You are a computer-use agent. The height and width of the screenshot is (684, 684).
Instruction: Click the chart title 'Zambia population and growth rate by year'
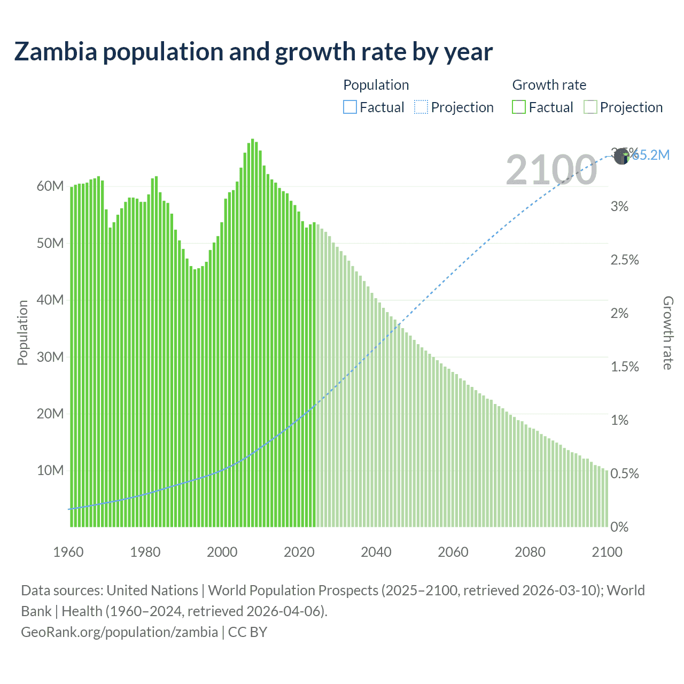(253, 52)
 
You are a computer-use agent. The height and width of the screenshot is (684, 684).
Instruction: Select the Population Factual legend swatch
(349, 107)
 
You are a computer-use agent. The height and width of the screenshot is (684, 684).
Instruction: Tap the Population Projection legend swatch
(421, 107)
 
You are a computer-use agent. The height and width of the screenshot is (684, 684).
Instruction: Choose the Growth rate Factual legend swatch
(518, 107)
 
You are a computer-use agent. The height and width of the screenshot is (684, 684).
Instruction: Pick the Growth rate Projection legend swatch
(590, 107)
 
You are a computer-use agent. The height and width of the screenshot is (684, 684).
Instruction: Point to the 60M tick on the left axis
(50, 186)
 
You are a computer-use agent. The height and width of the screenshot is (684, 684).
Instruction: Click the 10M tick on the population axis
(50, 471)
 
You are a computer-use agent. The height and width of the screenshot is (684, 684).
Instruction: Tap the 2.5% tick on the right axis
(625, 260)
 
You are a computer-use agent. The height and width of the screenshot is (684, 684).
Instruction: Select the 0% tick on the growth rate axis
(619, 527)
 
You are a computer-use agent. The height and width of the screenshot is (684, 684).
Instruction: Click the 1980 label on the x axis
(145, 552)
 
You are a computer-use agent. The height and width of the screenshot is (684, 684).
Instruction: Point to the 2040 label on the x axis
(376, 552)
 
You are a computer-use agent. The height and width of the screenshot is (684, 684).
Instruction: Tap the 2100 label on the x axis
(607, 552)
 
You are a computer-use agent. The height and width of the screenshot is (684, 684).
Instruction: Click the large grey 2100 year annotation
(551, 170)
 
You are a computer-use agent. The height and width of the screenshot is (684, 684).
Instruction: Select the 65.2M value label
(651, 155)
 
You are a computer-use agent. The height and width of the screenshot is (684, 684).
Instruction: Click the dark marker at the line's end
(621, 157)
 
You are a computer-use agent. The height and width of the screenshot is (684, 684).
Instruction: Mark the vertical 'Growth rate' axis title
(668, 333)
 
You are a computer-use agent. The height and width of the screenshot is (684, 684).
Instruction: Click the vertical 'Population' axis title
(22, 333)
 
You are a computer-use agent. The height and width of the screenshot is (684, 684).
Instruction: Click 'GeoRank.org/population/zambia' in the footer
(119, 632)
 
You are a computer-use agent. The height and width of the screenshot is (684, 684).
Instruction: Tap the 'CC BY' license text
(247, 632)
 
